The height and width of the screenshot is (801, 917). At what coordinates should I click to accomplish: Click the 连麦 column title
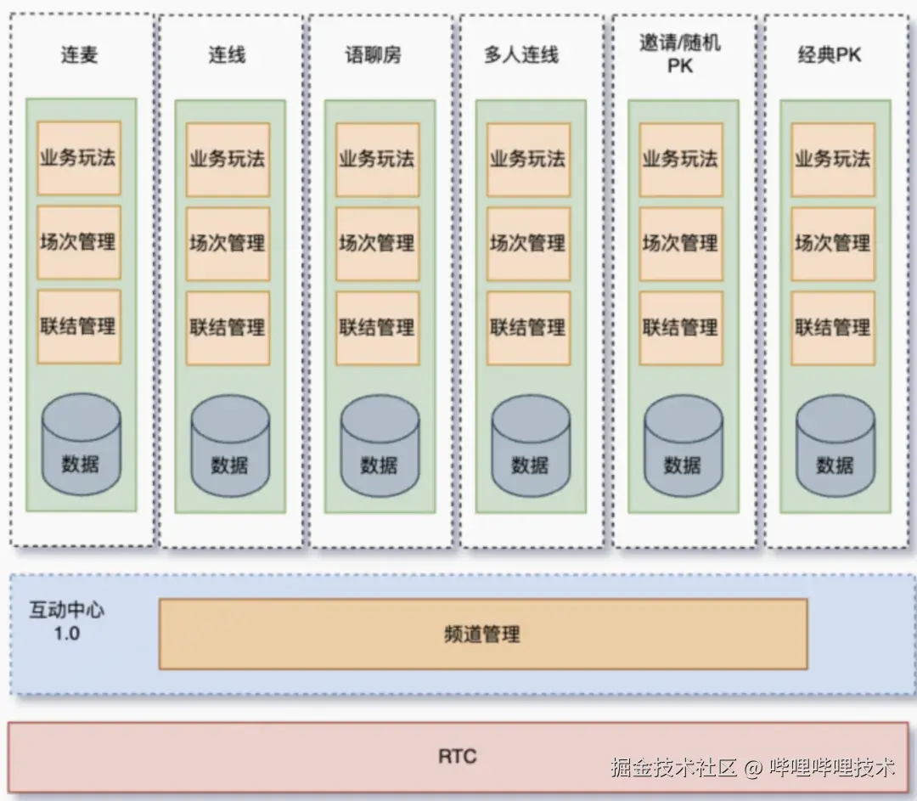(x=80, y=55)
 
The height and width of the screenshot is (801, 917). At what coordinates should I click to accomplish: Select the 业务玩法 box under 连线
(x=228, y=159)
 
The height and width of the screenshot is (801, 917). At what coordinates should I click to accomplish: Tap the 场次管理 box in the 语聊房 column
(x=377, y=243)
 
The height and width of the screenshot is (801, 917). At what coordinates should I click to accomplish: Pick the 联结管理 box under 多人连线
(x=527, y=327)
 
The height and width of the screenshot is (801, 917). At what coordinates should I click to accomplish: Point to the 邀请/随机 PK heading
(x=680, y=54)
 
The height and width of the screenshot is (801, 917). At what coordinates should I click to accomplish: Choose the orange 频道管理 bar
(x=482, y=634)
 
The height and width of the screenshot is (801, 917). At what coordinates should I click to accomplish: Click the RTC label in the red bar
(x=458, y=755)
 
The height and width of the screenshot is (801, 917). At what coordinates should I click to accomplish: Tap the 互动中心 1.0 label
(x=67, y=622)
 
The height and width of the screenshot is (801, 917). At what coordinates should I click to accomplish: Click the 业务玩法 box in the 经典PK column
(x=832, y=159)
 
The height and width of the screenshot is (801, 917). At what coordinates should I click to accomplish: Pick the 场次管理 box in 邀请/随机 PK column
(x=680, y=243)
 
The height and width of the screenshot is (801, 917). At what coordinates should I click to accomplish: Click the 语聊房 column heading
(x=373, y=55)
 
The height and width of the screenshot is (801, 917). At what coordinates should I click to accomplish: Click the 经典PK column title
(x=830, y=55)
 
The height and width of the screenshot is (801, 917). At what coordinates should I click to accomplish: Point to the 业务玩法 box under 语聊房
(x=377, y=159)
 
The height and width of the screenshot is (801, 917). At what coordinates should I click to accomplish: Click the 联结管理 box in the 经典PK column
(x=832, y=327)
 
